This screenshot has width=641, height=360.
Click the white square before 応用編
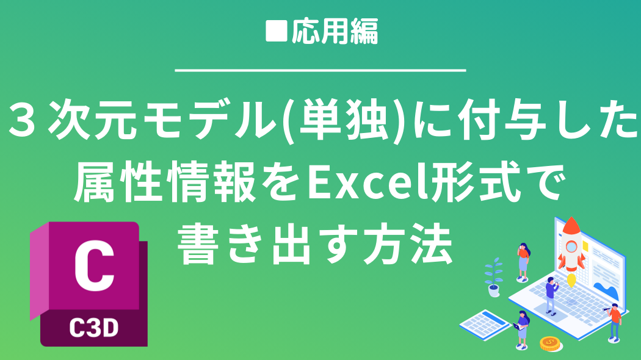tap(277, 31)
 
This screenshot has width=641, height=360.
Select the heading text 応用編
tap(335, 31)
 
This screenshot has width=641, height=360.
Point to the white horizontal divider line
tap(320, 71)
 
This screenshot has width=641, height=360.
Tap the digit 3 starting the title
tap(21, 120)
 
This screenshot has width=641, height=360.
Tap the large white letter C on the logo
tap(94, 266)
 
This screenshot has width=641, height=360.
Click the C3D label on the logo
tap(94, 328)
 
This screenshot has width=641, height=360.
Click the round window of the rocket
tap(571, 247)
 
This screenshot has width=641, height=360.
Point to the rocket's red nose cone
tap(571, 226)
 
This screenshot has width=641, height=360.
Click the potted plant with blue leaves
tap(494, 277)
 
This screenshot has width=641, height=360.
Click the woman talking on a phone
tap(523, 262)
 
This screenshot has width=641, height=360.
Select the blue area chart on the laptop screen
tap(607, 289)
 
